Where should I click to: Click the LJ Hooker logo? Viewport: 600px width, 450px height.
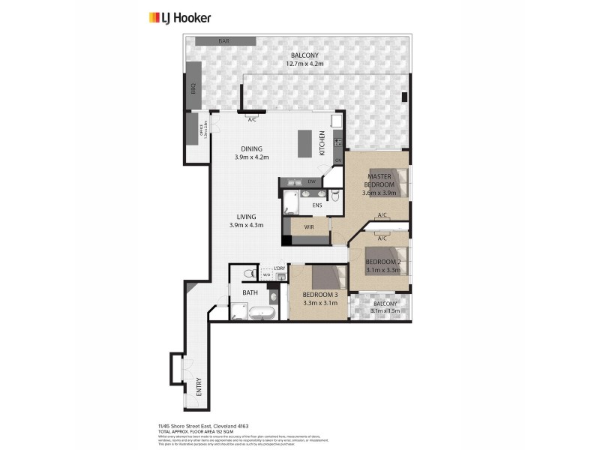[x=180, y=17]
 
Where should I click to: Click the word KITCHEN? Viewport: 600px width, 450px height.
[x=322, y=142]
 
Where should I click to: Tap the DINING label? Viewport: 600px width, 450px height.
[x=251, y=148]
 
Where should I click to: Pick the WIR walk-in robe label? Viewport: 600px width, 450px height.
[x=309, y=225]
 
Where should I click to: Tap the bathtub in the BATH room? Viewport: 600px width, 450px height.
[x=262, y=312]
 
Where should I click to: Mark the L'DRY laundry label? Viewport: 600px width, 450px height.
[x=279, y=268]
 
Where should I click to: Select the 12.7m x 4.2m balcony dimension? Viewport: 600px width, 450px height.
[x=304, y=64]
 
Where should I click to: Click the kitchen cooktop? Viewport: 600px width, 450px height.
[x=337, y=139]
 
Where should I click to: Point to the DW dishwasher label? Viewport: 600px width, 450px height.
[x=310, y=182]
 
